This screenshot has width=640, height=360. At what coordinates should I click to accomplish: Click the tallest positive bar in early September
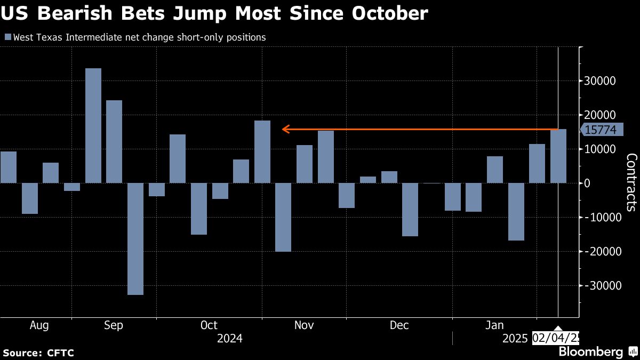pyautogui.click(x=93, y=126)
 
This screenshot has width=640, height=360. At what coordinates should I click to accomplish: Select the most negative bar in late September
pyautogui.click(x=135, y=238)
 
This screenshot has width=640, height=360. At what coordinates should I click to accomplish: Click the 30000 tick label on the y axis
pyautogui.click(x=600, y=81)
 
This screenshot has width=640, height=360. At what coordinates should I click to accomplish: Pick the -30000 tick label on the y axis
pyautogui.click(x=602, y=286)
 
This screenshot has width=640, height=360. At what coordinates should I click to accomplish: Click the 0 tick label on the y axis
pyautogui.click(x=587, y=183)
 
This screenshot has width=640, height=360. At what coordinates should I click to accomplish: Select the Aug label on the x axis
pyautogui.click(x=40, y=325)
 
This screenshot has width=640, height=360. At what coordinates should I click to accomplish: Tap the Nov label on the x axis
pyautogui.click(x=303, y=325)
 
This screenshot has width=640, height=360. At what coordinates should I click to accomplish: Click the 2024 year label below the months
pyautogui.click(x=230, y=338)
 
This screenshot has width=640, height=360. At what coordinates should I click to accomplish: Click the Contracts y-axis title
pyautogui.click(x=631, y=183)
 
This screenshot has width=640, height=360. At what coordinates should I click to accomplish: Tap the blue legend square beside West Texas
pyautogui.click(x=7, y=37)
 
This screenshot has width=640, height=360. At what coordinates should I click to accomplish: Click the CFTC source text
pyautogui.click(x=60, y=353)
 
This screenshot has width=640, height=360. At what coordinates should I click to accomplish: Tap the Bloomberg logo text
pyautogui.click(x=590, y=352)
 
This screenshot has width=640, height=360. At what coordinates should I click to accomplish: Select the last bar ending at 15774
pyautogui.click(x=558, y=156)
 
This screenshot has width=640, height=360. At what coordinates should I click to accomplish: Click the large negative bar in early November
pyautogui.click(x=283, y=217)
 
